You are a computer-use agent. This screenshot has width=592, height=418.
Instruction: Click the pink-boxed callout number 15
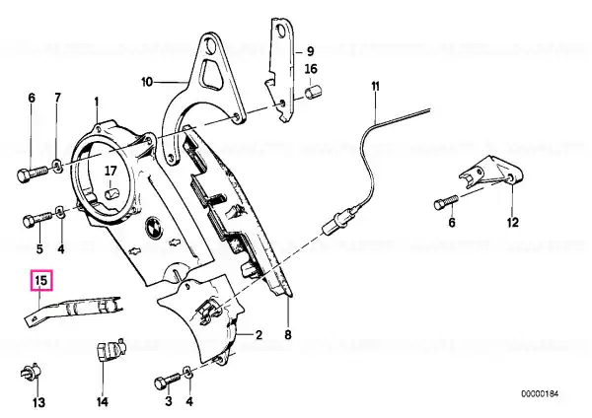[x=41, y=281]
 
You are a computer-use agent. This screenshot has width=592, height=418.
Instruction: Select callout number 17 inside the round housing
[x=111, y=171]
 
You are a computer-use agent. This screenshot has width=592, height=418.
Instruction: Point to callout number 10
[x=147, y=82]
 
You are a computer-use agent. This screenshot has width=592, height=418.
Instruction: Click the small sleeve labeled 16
[x=313, y=92]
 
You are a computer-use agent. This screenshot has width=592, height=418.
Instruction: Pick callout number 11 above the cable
[x=375, y=87]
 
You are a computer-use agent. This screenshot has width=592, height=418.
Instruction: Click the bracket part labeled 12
[x=490, y=174]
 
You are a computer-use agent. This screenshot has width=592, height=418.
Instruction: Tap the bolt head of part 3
[x=160, y=383]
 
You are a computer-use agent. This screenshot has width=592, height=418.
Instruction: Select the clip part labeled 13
[x=30, y=373]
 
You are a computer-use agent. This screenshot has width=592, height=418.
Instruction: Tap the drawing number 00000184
[x=540, y=394]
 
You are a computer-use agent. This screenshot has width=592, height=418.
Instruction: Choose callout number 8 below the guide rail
[x=288, y=334]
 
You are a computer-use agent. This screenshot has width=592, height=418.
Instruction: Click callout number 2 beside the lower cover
[x=259, y=334]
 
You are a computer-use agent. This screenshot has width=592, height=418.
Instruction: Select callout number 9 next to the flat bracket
[x=310, y=50]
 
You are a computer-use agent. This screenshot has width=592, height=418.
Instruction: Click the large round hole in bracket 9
[x=281, y=31]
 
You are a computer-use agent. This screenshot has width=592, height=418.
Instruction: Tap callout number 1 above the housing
[x=97, y=102]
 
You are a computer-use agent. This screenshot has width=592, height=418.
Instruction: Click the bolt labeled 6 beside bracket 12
[x=446, y=202]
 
